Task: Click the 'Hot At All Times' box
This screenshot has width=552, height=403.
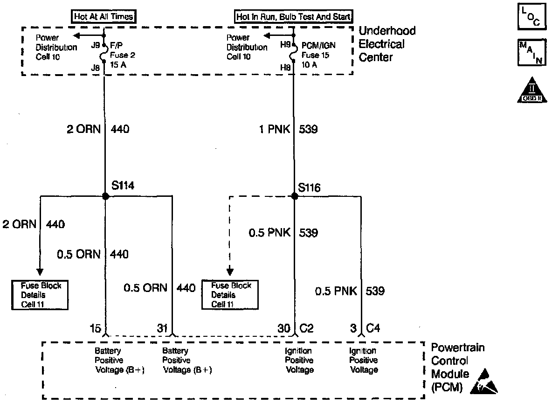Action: point(103,17)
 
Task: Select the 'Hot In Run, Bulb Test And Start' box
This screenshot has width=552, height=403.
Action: point(294,17)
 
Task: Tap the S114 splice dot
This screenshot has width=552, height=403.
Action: point(105,196)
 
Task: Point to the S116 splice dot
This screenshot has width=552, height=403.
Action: point(294,196)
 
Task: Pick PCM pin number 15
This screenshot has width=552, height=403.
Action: point(96,328)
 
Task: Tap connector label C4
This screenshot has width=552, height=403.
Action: point(373,328)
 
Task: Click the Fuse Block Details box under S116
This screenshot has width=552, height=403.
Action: point(229,294)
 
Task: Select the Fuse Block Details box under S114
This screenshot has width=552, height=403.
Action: point(41,294)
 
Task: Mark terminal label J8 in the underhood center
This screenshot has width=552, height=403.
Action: point(96,68)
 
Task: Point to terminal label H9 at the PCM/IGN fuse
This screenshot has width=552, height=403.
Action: point(285,46)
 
